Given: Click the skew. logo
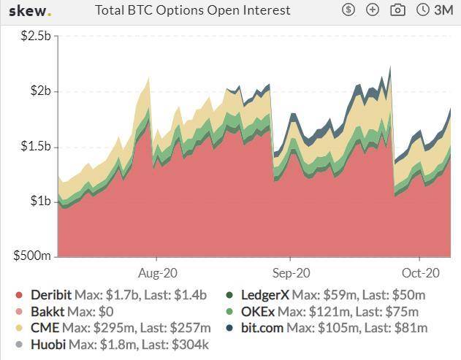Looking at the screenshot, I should pyautogui.click(x=30, y=11).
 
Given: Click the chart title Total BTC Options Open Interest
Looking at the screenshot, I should pyautogui.click(x=193, y=10).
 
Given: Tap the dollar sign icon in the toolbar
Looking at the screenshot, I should pyautogui.click(x=348, y=10).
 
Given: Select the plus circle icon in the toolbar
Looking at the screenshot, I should pyautogui.click(x=373, y=10).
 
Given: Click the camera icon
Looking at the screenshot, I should pyautogui.click(x=397, y=10).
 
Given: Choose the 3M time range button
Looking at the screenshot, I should pyautogui.click(x=435, y=10).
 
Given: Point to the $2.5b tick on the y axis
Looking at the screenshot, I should pyautogui.click(x=34, y=36).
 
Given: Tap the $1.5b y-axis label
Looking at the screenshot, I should pyautogui.click(x=34, y=147).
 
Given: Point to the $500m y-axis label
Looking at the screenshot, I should pyautogui.click(x=33, y=256).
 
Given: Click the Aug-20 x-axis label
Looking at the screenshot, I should pyautogui.click(x=157, y=272).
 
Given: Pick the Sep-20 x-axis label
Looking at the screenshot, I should pyautogui.click(x=290, y=272).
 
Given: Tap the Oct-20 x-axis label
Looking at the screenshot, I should pyautogui.click(x=420, y=272).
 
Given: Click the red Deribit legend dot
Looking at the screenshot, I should pyautogui.click(x=19, y=296).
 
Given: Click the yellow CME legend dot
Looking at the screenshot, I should pyautogui.click(x=19, y=328).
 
